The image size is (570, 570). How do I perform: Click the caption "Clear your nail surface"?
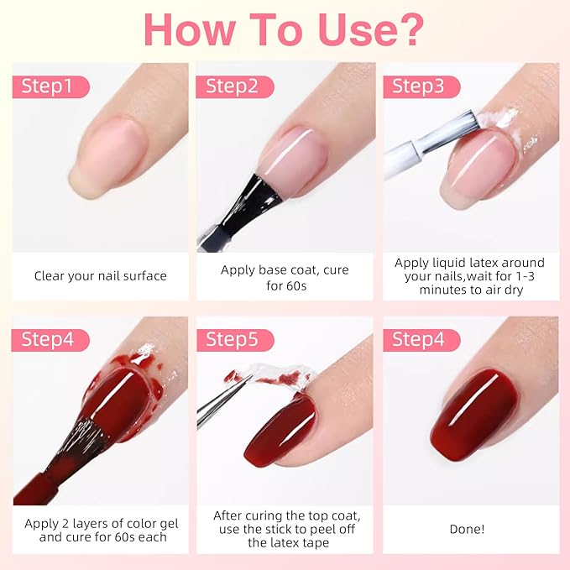point(100,275)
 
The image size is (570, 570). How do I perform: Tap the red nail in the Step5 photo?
point(281,432)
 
